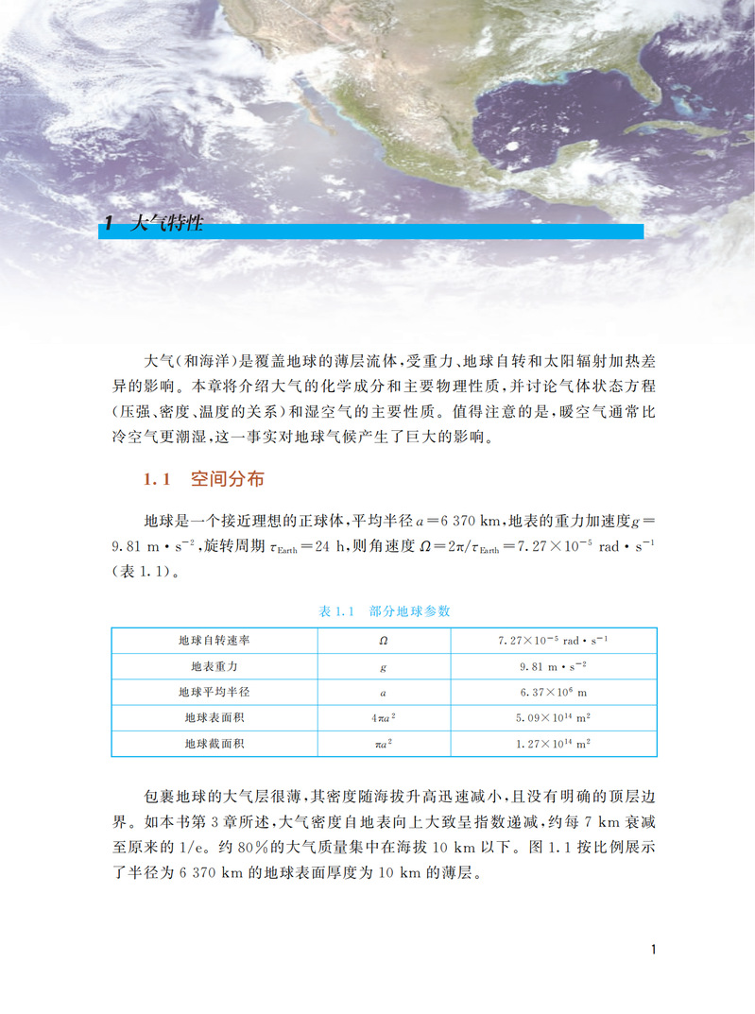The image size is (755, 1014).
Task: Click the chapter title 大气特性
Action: [x=164, y=226]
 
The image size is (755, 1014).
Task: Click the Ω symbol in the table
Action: [x=384, y=640]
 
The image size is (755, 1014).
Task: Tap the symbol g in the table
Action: [x=384, y=666]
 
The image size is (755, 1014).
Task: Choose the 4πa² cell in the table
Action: [x=384, y=718]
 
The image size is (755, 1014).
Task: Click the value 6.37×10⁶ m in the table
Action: [x=553, y=692]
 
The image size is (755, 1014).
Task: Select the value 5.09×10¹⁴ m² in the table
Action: [x=553, y=718]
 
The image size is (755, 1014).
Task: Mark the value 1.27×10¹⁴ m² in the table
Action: [x=553, y=744]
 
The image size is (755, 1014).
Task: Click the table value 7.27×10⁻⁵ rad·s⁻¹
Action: [x=553, y=640]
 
